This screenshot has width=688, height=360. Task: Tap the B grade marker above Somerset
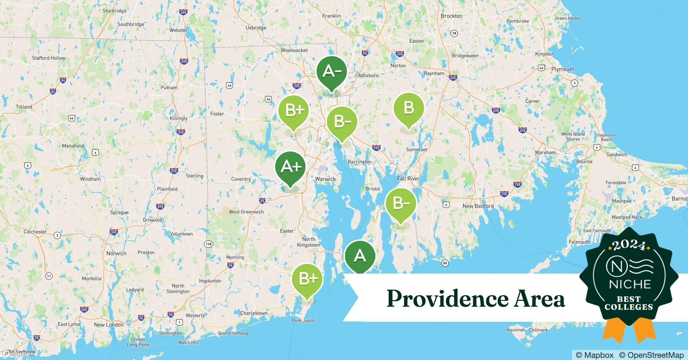click(408, 108)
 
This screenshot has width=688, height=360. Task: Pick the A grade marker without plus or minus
click(360, 256)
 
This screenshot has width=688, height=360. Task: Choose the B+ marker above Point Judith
click(307, 278)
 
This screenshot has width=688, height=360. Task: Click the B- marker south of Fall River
click(401, 203)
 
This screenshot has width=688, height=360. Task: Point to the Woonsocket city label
click(294, 50)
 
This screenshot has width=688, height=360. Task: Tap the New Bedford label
click(478, 206)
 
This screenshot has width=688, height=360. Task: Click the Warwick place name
click(325, 179)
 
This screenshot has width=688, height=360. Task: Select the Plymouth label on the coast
click(563, 69)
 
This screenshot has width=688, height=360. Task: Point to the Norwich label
click(116, 253)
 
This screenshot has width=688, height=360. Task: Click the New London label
click(109, 324)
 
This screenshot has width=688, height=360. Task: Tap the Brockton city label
click(451, 16)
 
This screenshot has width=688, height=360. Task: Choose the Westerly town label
click(195, 316)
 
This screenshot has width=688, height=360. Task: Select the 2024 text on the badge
click(629, 245)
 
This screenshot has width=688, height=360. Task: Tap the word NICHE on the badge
click(630, 284)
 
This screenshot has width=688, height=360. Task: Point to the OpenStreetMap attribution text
click(651, 355)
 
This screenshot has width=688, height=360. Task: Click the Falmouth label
click(579, 242)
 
